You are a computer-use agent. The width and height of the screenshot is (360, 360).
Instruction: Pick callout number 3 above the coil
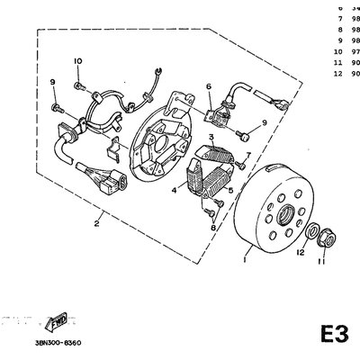point(211,136)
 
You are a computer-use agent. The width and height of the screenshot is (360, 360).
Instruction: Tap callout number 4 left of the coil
point(173,191)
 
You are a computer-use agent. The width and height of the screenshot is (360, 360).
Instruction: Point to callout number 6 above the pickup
point(208,86)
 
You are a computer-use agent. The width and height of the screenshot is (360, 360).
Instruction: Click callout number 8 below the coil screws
point(212,228)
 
